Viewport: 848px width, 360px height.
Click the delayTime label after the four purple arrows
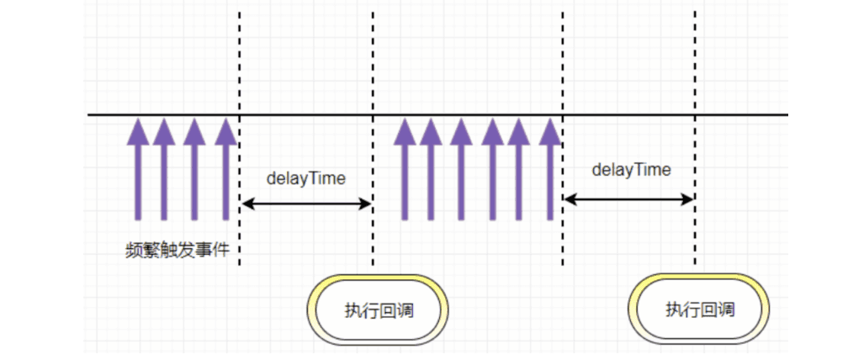tap(306, 178)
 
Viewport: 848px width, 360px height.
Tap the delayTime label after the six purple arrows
tap(631, 170)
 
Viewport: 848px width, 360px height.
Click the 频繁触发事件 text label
tap(176, 250)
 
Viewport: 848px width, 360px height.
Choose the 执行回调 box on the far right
tap(700, 309)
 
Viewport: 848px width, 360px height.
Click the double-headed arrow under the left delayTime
tap(306, 203)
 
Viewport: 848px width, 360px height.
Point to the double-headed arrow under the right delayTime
tap(628, 199)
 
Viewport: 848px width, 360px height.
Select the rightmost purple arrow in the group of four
tap(225, 168)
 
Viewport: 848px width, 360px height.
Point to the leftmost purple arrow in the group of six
tap(405, 168)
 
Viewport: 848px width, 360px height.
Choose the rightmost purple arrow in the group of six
tap(549, 168)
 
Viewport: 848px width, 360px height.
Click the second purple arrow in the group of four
tap(164, 168)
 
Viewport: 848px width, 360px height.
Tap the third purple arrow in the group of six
tap(460, 168)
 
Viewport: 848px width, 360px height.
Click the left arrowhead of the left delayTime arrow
tap(246, 203)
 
